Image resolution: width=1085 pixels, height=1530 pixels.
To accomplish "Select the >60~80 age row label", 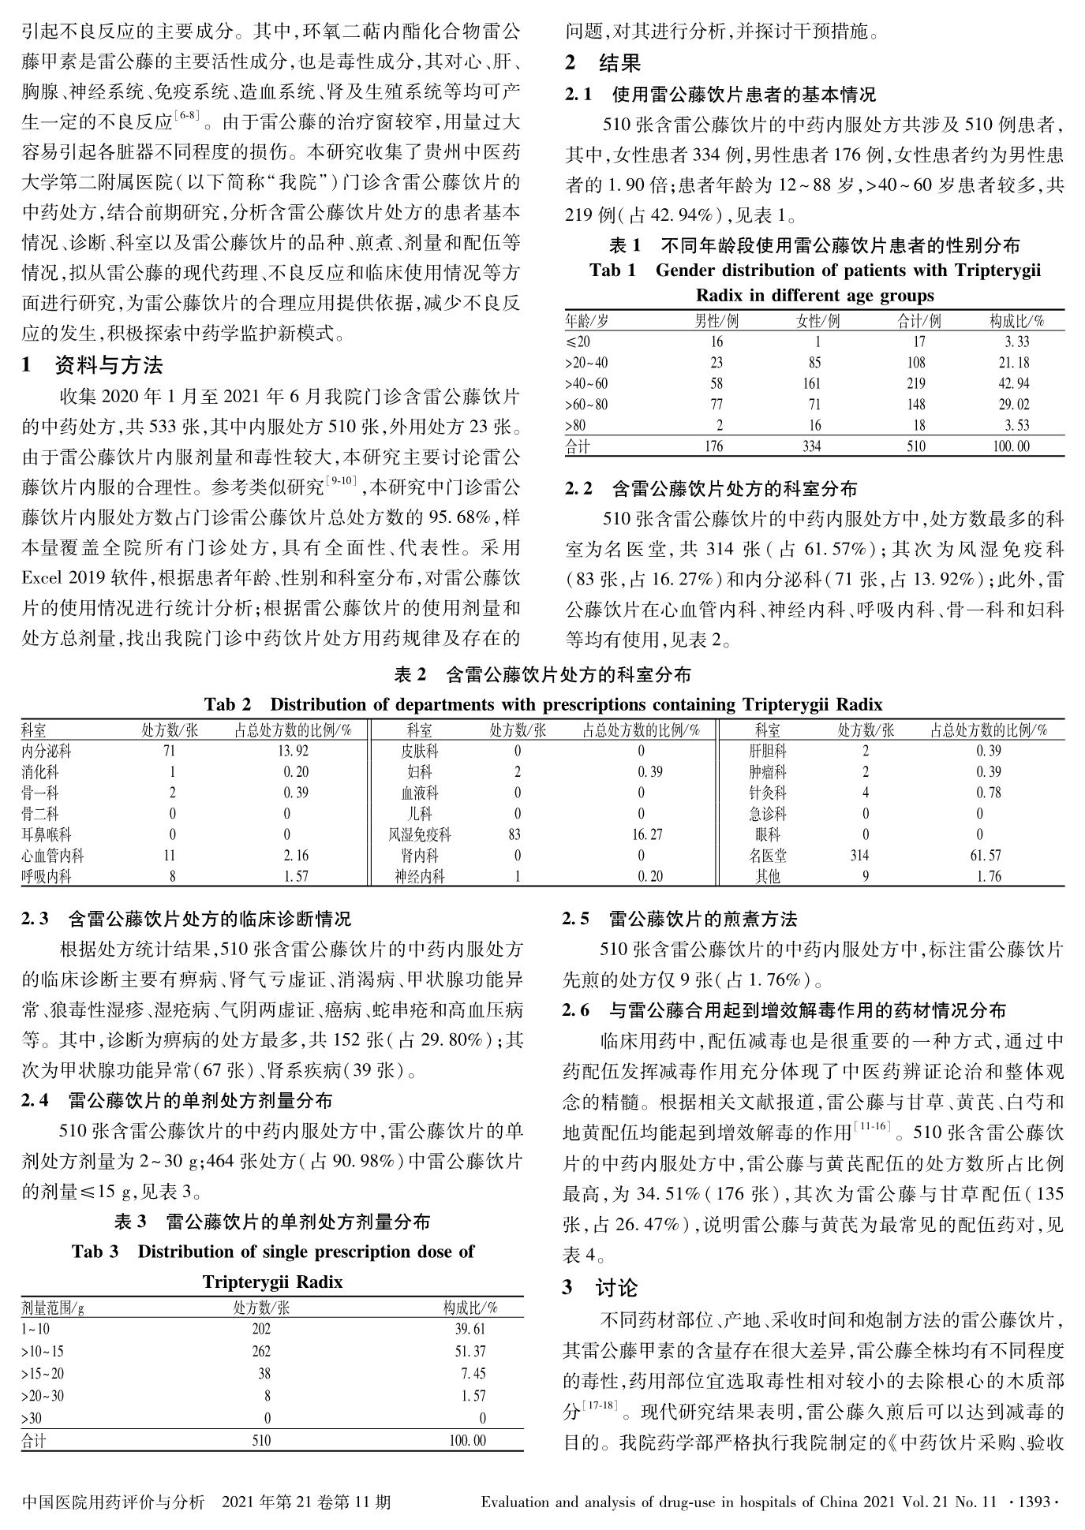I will (x=586, y=405).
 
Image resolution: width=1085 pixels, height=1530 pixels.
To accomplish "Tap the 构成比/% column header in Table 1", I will (x=1017, y=321).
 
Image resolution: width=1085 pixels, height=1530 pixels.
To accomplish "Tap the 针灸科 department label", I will (x=768, y=793).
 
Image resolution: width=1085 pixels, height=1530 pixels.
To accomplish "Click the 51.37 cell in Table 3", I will (x=470, y=1352).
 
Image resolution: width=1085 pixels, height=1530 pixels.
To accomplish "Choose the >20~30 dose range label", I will (x=43, y=1396).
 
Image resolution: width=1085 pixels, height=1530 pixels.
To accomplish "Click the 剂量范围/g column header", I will (x=53, y=1308).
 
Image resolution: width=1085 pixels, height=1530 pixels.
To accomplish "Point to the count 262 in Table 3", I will (x=261, y=1352).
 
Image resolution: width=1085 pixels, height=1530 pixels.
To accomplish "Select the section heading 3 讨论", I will (x=600, y=1288).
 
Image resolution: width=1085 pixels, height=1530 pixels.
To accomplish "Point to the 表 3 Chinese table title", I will (x=272, y=1222).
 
